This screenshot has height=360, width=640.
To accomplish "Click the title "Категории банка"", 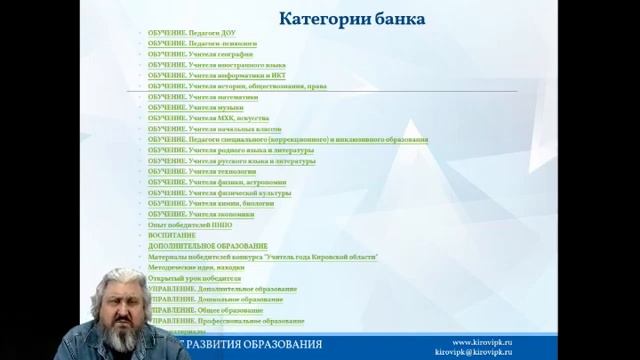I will point(351,19).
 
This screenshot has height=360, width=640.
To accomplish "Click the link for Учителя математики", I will point(196,97).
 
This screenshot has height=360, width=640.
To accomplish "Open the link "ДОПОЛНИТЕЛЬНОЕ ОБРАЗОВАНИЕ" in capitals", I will point(207,246).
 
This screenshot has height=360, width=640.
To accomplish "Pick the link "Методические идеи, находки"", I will point(195,267).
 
